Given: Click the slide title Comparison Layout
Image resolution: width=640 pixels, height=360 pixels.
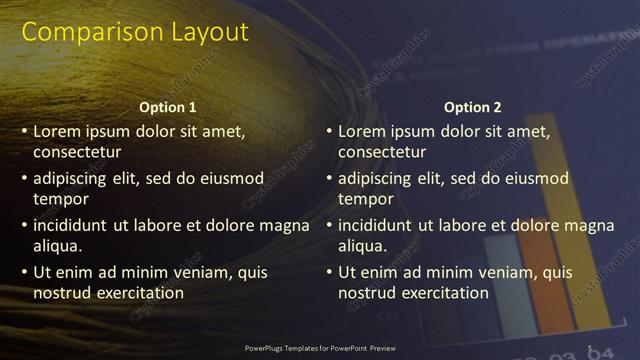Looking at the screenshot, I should [135, 32].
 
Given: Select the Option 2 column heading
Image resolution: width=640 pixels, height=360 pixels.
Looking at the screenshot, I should [473, 107].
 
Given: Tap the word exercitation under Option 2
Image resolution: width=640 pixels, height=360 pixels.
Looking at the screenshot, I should [444, 293].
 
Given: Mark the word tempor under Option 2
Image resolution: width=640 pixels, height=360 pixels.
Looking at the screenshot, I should [366, 199].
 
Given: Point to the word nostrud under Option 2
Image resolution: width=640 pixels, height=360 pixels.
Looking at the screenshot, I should [366, 293].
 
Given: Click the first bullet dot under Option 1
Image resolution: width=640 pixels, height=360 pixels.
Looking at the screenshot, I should [25, 131].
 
